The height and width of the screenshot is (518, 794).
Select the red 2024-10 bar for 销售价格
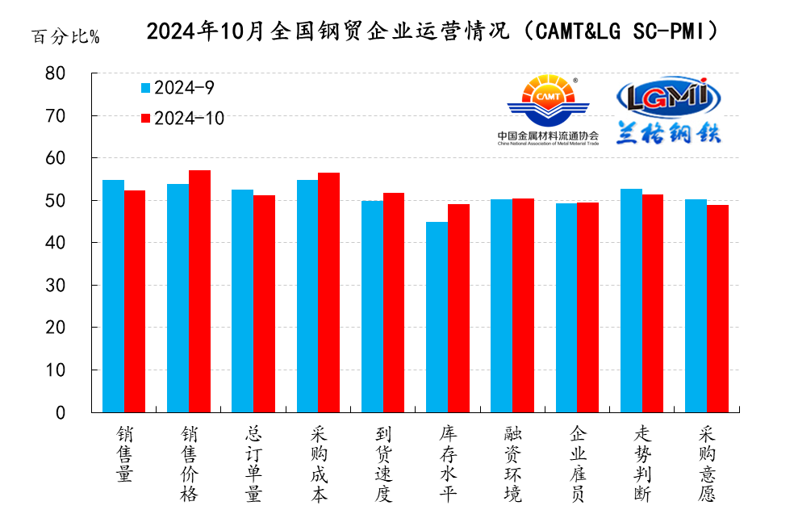pyautogui.click(x=199, y=291)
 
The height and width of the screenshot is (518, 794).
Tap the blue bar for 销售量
pyautogui.click(x=113, y=296)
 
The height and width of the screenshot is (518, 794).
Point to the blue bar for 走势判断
pyautogui.click(x=631, y=300)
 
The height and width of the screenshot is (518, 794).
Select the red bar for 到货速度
pyautogui.click(x=394, y=303)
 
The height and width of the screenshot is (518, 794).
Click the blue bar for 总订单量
pyautogui.click(x=242, y=301)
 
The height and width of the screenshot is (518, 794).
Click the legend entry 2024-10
pyautogui.click(x=182, y=119)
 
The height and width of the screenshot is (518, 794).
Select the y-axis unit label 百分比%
pyautogui.click(x=65, y=37)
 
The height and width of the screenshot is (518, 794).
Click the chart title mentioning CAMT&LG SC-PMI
pyautogui.click(x=432, y=31)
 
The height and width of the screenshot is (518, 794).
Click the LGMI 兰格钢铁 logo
pyautogui.click(x=668, y=111)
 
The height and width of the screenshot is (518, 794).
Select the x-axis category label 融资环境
pyautogui.click(x=512, y=464)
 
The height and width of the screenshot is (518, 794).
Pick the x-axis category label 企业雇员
pyautogui.click(x=577, y=464)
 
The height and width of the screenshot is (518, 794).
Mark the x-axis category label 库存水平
pyautogui.click(x=447, y=464)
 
